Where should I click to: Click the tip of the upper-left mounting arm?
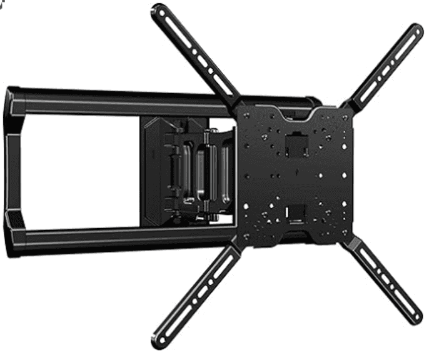pos(157,11)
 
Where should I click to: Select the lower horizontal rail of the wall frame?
pos(125,236)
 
